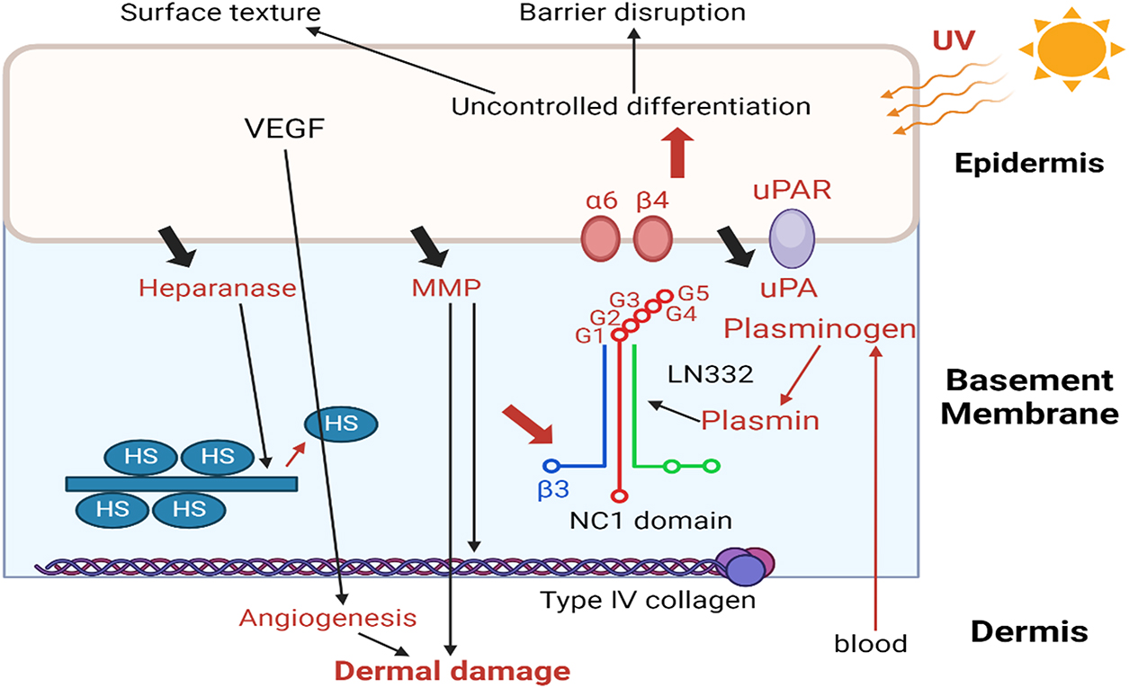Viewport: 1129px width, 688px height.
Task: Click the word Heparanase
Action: click(x=219, y=288)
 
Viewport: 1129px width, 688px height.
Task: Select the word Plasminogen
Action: click(x=820, y=329)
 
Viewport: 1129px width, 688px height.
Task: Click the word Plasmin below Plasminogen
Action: click(x=760, y=419)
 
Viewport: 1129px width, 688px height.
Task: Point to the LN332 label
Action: click(x=710, y=373)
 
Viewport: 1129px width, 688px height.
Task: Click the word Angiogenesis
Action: click(x=328, y=618)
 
